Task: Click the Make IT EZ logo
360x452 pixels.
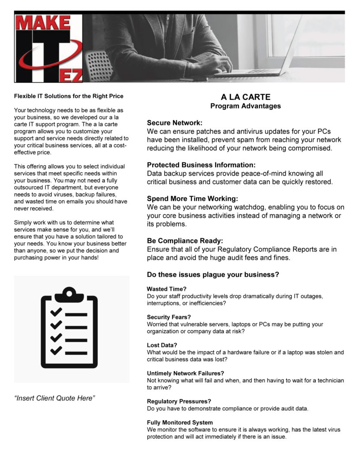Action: pos(49,48)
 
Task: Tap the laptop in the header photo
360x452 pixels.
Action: pos(265,62)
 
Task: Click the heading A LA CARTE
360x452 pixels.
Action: pos(246,97)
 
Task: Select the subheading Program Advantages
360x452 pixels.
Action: pos(245,106)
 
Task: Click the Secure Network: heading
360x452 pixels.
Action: pos(175,123)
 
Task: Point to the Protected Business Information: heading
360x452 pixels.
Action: pos(201,165)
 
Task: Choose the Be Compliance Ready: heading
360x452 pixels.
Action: pos(185,241)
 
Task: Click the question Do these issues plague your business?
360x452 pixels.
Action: pos(213,275)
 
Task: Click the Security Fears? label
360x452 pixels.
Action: pos(169,317)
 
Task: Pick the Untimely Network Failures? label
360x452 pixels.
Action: pos(185,373)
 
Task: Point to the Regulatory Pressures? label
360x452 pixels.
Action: pos(179,401)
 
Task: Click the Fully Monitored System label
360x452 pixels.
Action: pos(180,422)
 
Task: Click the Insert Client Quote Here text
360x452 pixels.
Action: pos(55,398)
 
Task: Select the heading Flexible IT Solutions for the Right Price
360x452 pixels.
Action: pos(68,96)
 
